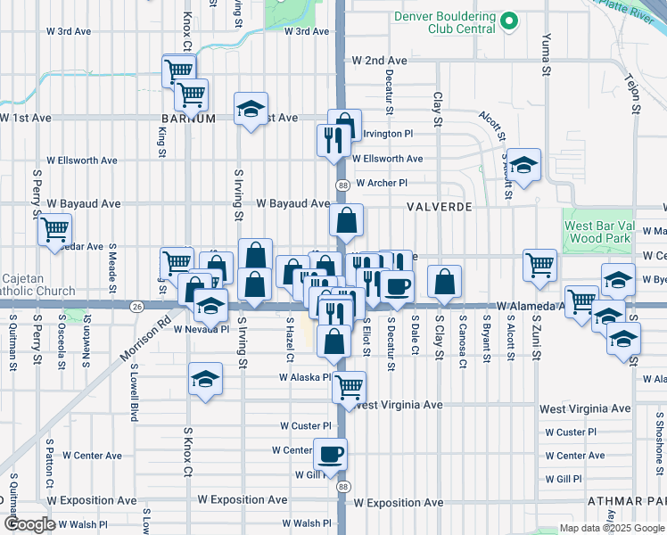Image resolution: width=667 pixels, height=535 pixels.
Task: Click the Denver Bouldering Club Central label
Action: point(444,22)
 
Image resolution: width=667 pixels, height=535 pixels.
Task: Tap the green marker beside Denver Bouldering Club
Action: point(509,21)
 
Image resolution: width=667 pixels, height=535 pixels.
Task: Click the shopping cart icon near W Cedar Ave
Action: point(54,229)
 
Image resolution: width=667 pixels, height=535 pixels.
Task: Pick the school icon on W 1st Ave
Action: point(251,110)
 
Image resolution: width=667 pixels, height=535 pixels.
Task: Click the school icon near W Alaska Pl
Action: point(205,379)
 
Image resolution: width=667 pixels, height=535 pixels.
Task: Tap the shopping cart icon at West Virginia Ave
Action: point(349,386)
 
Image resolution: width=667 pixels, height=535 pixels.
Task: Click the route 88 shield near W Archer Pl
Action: point(342,185)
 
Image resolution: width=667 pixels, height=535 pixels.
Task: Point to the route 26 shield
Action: point(136,307)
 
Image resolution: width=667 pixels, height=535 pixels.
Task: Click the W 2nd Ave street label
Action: point(379,61)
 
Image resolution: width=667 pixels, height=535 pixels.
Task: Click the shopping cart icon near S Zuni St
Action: point(539,264)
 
